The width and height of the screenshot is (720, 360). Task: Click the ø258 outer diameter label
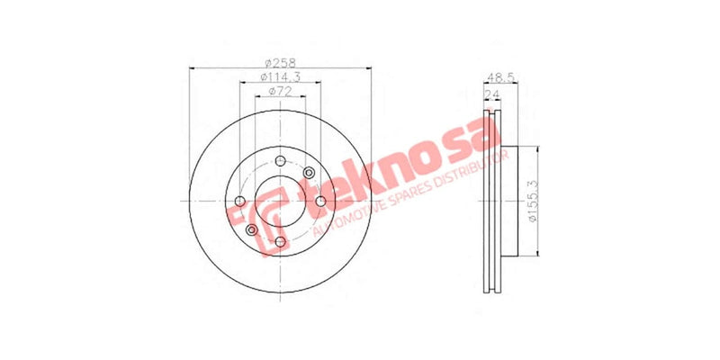(x=280, y=62)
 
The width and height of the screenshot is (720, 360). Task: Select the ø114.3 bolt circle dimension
(x=280, y=76)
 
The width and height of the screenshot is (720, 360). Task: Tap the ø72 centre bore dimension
(x=280, y=92)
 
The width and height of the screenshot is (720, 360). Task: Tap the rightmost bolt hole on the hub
(x=319, y=201)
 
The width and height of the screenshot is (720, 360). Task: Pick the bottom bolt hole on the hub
(x=280, y=241)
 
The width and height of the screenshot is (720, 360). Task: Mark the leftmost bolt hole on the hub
(x=239, y=201)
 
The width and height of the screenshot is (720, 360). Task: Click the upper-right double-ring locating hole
(x=309, y=173)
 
